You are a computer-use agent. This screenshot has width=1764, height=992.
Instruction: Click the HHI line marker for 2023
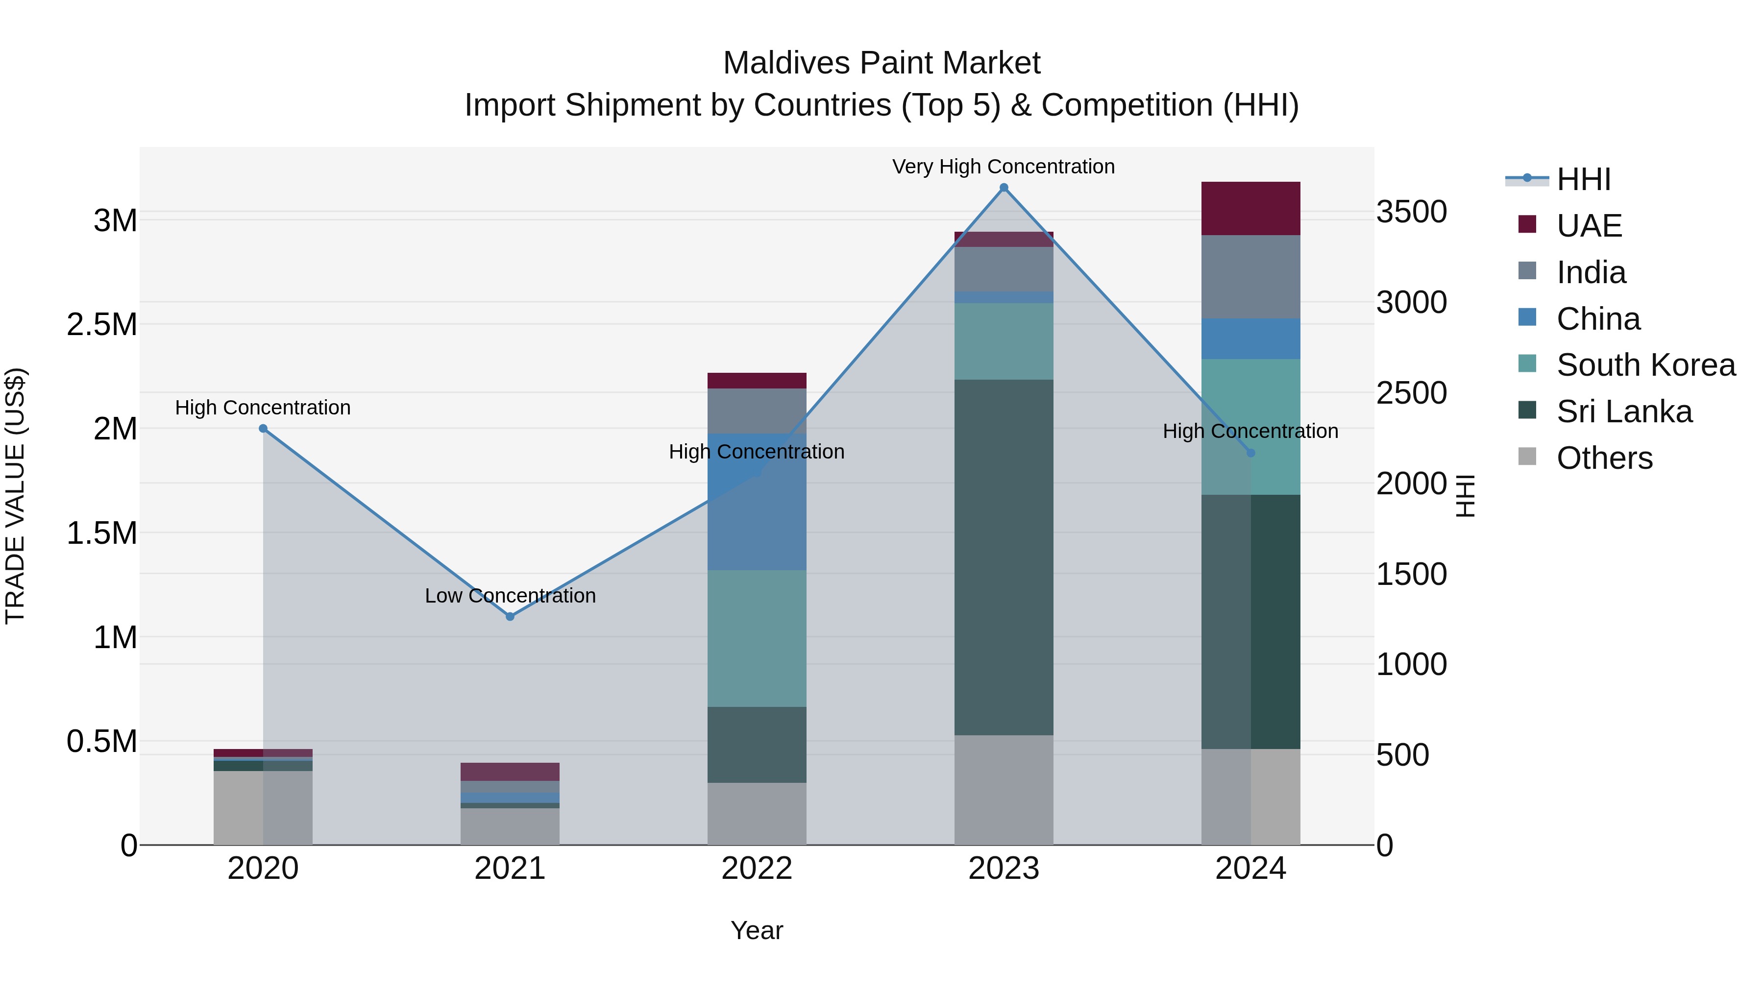pyautogui.click(x=1003, y=188)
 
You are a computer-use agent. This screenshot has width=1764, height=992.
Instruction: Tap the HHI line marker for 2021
pyautogui.click(x=510, y=616)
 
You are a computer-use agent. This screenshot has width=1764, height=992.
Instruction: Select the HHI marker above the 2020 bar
pyautogui.click(x=263, y=429)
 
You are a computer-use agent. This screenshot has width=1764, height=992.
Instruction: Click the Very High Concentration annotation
pyautogui.click(x=1003, y=167)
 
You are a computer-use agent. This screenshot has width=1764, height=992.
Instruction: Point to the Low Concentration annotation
pyautogui.click(x=510, y=596)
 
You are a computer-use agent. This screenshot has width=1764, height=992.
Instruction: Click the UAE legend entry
pyautogui.click(x=1589, y=225)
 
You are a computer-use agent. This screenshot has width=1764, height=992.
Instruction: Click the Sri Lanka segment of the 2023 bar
pyautogui.click(x=1003, y=557)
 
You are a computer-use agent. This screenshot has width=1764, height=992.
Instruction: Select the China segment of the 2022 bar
pyautogui.click(x=757, y=502)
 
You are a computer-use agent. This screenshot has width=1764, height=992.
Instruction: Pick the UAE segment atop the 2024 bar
pyautogui.click(x=1250, y=208)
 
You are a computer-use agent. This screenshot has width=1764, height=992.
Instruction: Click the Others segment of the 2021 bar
pyautogui.click(x=510, y=826)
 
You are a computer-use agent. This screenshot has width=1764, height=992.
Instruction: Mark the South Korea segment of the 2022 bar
pyautogui.click(x=757, y=638)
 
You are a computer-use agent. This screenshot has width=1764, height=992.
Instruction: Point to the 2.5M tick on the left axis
pyautogui.click(x=102, y=324)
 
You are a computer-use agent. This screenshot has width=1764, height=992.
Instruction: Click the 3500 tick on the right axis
pyautogui.click(x=1411, y=212)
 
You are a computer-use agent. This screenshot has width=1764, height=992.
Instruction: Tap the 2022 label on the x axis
pyautogui.click(x=757, y=869)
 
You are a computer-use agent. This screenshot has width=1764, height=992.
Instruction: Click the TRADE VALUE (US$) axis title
pyautogui.click(x=15, y=496)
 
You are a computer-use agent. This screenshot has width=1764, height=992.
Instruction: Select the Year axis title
pyautogui.click(x=757, y=930)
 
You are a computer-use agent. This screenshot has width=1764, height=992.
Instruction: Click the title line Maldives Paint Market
pyautogui.click(x=882, y=63)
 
